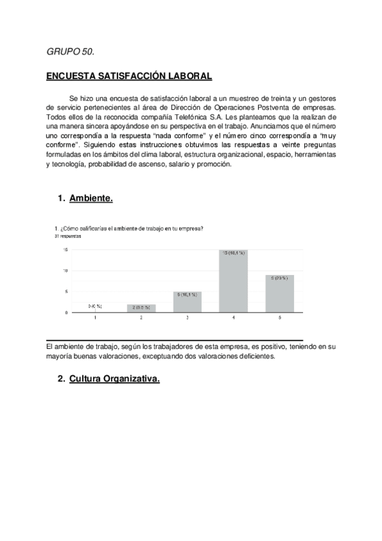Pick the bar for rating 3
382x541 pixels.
(187, 302)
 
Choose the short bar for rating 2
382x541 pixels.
(142, 308)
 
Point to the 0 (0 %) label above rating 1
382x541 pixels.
(95, 307)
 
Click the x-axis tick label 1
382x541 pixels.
(96, 317)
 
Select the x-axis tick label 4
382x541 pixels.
(234, 317)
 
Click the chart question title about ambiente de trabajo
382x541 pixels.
(129, 229)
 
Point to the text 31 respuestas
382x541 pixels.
(67, 236)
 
